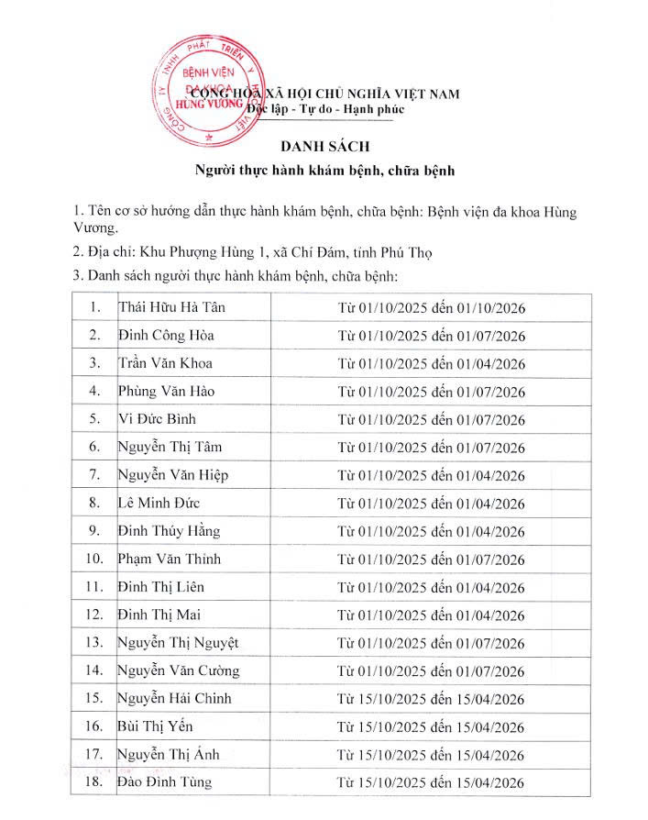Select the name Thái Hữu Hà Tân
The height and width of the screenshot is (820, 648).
[171, 307]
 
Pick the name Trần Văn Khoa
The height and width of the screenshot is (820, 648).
[165, 363]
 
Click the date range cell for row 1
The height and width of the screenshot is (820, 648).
[431, 308]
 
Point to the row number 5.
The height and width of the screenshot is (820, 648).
[93, 419]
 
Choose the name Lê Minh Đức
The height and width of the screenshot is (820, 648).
[159, 503]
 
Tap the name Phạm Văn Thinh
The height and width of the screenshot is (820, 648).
[170, 559]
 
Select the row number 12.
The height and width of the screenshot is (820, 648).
[93, 615]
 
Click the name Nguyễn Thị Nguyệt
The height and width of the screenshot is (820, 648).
[179, 642]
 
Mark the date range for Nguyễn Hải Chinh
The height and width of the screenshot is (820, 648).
[431, 699]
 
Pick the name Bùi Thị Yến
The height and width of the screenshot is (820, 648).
[156, 726]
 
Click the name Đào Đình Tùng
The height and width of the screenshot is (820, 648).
[165, 782]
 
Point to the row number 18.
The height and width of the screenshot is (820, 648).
[93, 782]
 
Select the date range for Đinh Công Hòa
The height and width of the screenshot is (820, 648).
[431, 336]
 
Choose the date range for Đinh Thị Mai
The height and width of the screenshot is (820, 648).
[431, 615]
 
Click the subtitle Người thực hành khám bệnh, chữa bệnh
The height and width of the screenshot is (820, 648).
[324, 171]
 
